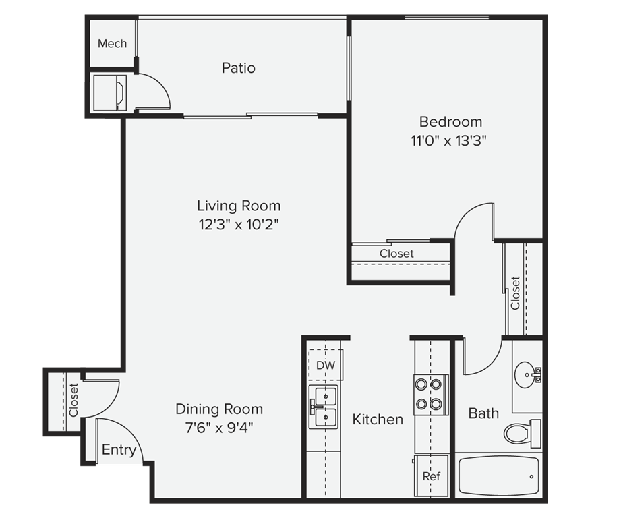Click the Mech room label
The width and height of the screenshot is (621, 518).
[x=112, y=44]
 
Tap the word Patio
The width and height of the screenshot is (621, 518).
[x=239, y=68]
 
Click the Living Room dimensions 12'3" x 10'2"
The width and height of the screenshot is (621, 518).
[x=239, y=225]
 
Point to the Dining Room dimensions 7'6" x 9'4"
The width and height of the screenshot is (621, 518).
[x=219, y=427]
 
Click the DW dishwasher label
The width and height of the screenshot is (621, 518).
[x=325, y=366]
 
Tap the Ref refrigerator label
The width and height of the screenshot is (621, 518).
[x=431, y=476]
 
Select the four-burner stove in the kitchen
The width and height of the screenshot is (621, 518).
[x=430, y=395]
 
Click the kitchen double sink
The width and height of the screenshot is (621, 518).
[x=324, y=407]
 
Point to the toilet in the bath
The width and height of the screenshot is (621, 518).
[x=522, y=432]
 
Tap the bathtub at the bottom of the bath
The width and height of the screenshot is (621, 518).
[x=499, y=476]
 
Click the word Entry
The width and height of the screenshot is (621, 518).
[x=119, y=450]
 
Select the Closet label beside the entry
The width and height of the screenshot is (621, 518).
[x=73, y=400]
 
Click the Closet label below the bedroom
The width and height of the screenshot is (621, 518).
[x=396, y=254]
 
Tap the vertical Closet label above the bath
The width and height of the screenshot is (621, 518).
[x=516, y=293]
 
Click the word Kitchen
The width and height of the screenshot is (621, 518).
[x=378, y=420]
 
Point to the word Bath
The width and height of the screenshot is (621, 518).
[x=483, y=413]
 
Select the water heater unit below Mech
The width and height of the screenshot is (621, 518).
[x=111, y=92]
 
